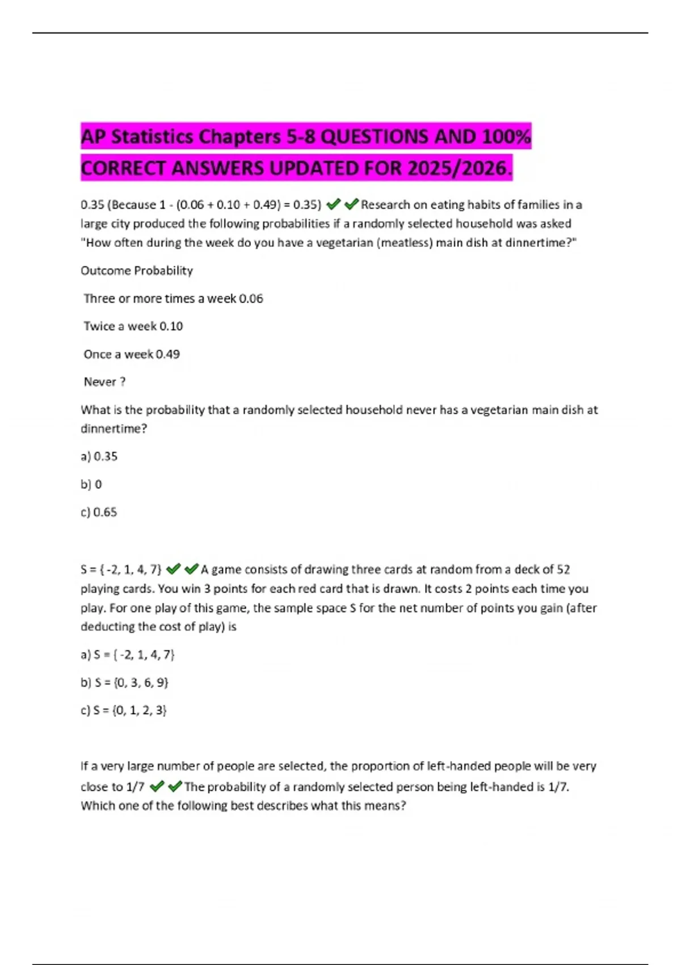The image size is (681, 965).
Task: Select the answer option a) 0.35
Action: pyautogui.click(x=99, y=456)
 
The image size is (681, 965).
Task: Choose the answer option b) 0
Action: pyautogui.click(x=92, y=484)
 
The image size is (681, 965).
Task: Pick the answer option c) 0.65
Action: pyautogui.click(x=99, y=512)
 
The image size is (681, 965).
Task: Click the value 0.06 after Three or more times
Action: pyautogui.click(x=251, y=299)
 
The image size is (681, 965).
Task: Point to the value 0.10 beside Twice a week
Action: pyautogui.click(x=171, y=326)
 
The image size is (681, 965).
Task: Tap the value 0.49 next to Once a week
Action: pyautogui.click(x=167, y=354)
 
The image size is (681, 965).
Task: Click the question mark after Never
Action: pyautogui.click(x=123, y=382)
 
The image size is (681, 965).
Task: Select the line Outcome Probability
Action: pyautogui.click(x=137, y=271)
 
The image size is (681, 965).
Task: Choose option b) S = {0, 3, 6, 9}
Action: pyautogui.click(x=125, y=682)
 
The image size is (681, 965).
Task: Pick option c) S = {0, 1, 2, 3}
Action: pyautogui.click(x=124, y=710)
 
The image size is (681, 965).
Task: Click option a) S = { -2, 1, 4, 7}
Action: pyautogui.click(x=128, y=654)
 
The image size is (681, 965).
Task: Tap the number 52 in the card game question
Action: pyautogui.click(x=563, y=569)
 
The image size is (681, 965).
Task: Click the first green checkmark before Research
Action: pyautogui.click(x=333, y=204)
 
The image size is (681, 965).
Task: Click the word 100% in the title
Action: pyautogui.click(x=506, y=137)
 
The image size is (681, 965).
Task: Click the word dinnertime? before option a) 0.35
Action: pyautogui.click(x=113, y=429)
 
